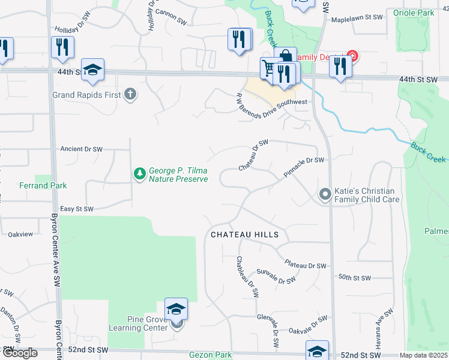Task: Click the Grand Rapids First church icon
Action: pos(130,94)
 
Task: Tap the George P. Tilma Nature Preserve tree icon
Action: pos(139,174)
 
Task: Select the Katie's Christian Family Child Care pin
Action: pos(325,194)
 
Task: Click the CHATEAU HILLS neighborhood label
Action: pos(245,235)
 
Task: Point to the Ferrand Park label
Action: pos(43,186)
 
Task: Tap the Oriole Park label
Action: pos(413,13)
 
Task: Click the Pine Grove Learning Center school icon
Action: pos(176,310)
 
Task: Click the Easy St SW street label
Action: pos(77,209)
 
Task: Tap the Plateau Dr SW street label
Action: pos(305,265)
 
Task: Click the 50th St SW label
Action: pos(355,278)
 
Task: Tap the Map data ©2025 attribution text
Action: pos(423,355)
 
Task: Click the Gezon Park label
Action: pos(210,355)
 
